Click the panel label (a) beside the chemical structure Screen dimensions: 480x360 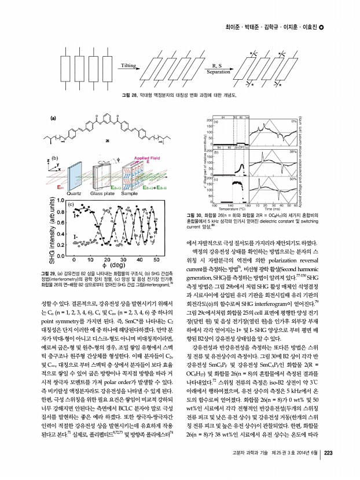(53, 119)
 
